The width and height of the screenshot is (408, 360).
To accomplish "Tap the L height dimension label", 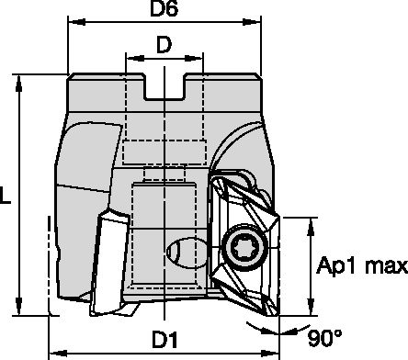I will (x=8, y=196).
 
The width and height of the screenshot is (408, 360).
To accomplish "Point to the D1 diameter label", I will (x=164, y=338).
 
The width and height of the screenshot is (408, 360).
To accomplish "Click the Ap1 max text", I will (x=362, y=266).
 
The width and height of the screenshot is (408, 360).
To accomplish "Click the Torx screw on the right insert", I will (x=248, y=250).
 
